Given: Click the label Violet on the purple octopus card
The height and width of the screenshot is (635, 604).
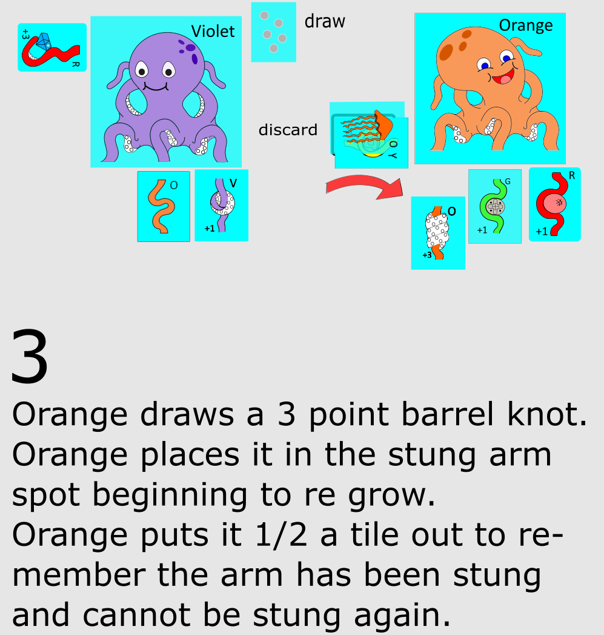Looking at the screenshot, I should click(213, 31).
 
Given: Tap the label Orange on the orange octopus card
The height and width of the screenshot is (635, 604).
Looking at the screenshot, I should click(525, 25).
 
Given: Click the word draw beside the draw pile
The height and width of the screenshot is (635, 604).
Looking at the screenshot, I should click(325, 21).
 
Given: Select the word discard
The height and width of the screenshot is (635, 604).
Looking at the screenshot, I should click(288, 130).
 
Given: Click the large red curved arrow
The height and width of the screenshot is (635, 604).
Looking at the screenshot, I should click(363, 187).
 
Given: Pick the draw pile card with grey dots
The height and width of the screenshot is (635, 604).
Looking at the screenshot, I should click(273, 32).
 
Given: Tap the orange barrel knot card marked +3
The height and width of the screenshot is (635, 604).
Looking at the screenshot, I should click(437, 233).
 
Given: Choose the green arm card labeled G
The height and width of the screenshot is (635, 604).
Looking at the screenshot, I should click(494, 206).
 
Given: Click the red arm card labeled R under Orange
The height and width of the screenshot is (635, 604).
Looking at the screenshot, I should click(554, 204).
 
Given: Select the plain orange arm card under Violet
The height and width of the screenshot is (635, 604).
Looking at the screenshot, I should click(163, 206).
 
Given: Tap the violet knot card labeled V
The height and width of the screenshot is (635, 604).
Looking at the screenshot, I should click(221, 206).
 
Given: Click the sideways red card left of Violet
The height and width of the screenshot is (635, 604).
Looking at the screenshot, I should click(51, 47).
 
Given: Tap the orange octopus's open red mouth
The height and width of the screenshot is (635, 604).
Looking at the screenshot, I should click(502, 78).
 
